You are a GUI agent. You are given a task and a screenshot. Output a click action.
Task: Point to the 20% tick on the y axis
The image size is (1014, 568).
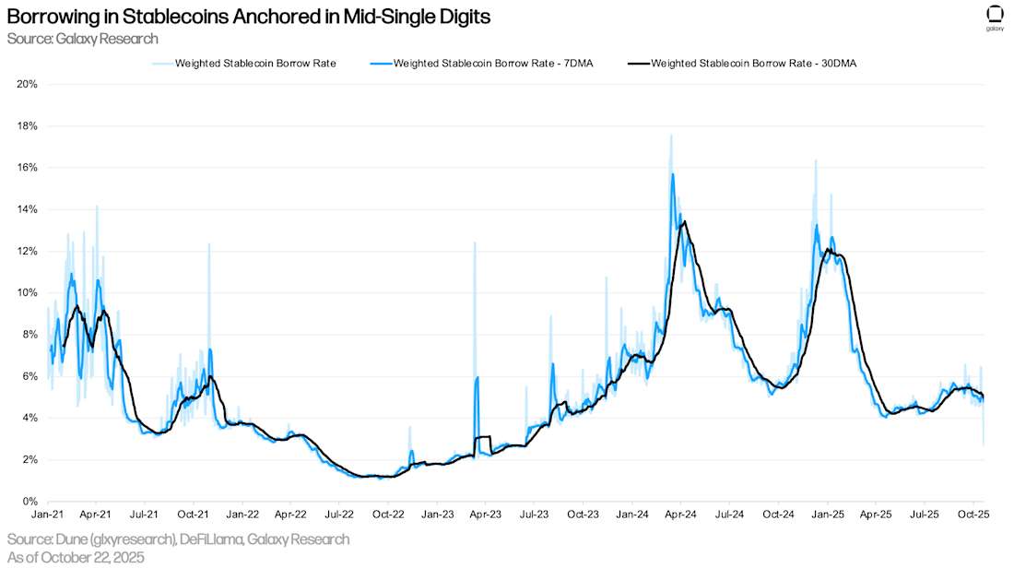[28, 84]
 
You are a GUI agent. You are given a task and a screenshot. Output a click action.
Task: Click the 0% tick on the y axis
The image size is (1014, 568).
[29, 502]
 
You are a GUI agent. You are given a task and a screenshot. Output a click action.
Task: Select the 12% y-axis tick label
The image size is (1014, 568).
[28, 251]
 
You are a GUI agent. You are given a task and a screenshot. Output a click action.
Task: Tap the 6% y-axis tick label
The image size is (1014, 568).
[29, 376]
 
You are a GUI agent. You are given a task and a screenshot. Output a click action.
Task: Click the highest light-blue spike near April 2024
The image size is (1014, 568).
[670, 135]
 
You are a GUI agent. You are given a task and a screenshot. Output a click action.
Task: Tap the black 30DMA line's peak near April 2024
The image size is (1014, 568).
[684, 221]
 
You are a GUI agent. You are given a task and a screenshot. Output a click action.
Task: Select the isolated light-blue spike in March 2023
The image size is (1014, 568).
[475, 243]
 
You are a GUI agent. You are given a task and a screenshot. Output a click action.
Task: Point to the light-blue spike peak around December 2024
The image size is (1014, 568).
[815, 160]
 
